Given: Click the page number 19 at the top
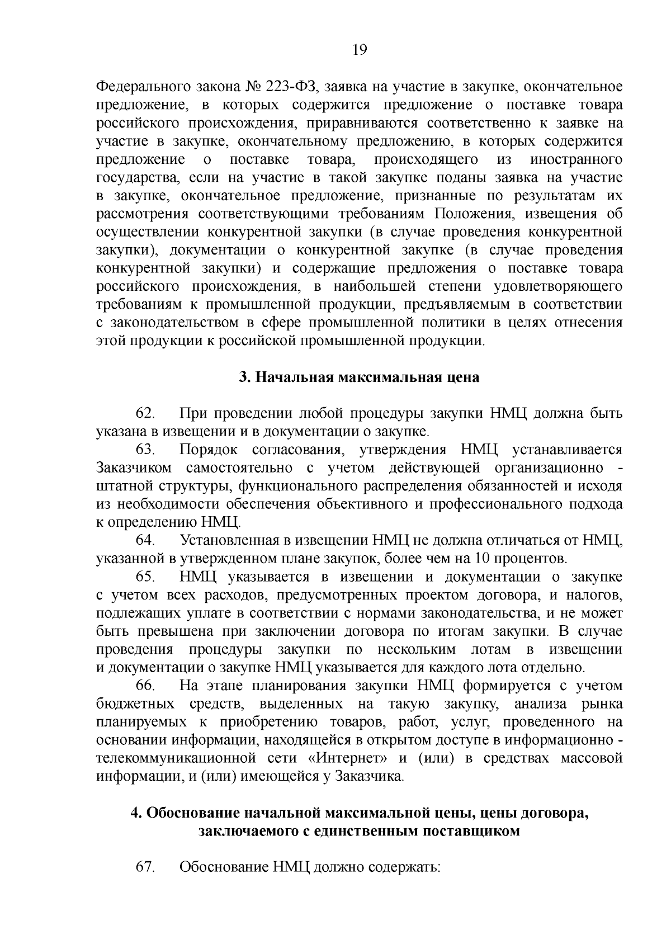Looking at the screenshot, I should pos(360,50).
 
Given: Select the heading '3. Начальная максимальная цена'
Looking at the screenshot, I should pos(359,377).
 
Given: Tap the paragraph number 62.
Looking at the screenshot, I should pos(145,414).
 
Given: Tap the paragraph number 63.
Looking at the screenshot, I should pos(145,450).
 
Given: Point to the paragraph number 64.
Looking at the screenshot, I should pos(145,541).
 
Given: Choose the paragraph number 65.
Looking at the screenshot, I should pos(145,577).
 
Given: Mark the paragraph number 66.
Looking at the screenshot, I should pos(145,686).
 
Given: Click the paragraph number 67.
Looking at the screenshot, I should pos(145,867).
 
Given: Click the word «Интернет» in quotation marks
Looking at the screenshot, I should pos(349,759).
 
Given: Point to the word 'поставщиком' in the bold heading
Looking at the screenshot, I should pos(471,831).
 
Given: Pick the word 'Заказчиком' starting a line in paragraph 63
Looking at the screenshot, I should pos(134,468).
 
